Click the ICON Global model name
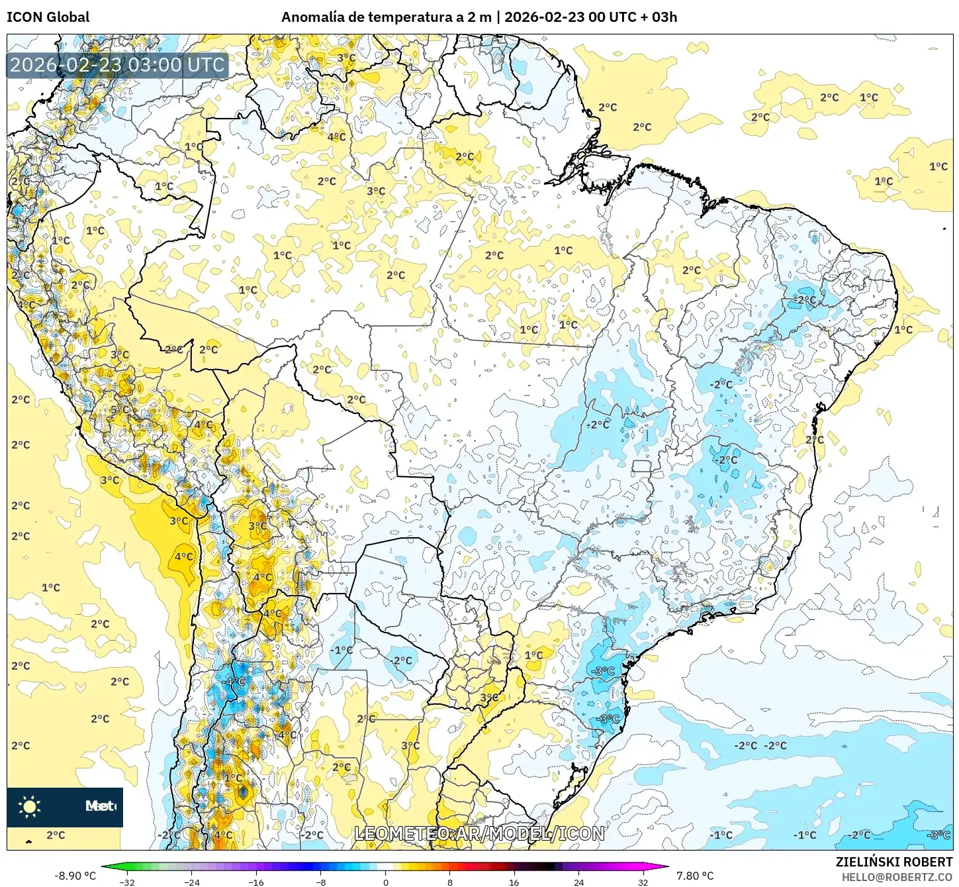click(48, 17)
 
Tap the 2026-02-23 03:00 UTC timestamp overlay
click(117, 65)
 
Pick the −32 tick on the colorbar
click(127, 882)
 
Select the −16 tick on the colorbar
click(256, 882)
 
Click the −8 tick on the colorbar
click(321, 882)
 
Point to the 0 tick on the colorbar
click(385, 882)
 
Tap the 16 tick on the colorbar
click(514, 882)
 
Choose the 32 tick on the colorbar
click(643, 882)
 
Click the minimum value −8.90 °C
click(75, 876)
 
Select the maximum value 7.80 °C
click(695, 876)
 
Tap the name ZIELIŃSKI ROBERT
click(894, 862)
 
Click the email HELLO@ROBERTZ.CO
click(897, 877)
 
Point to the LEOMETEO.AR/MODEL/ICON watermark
click(479, 833)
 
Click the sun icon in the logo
click(30, 806)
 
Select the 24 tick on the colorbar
click(579, 882)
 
